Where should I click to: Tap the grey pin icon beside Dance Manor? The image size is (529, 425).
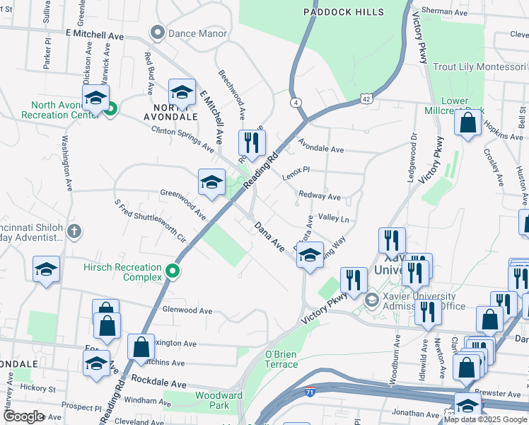click(x=157, y=33)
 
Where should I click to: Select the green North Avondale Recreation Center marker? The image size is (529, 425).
click(x=110, y=109)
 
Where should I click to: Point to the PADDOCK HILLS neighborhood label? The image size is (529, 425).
click(x=344, y=12)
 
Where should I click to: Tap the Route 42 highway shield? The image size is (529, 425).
click(x=366, y=99)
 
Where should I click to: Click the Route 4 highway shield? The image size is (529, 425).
click(x=293, y=103)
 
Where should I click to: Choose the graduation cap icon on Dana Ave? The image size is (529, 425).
click(x=309, y=256)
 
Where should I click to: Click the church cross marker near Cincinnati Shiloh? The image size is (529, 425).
click(x=75, y=231)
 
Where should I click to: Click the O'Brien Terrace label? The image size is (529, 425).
click(x=281, y=359)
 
